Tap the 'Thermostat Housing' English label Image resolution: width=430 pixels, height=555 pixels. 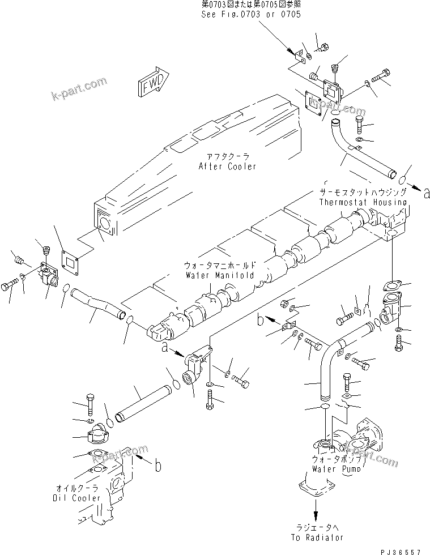click(x=363, y=202)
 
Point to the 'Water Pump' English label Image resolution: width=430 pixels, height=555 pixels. click(x=334, y=469)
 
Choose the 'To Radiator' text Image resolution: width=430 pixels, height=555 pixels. click(x=319, y=537)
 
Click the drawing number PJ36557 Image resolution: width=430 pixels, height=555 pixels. click(x=401, y=549)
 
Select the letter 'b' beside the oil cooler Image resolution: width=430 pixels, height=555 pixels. click(x=157, y=467)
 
